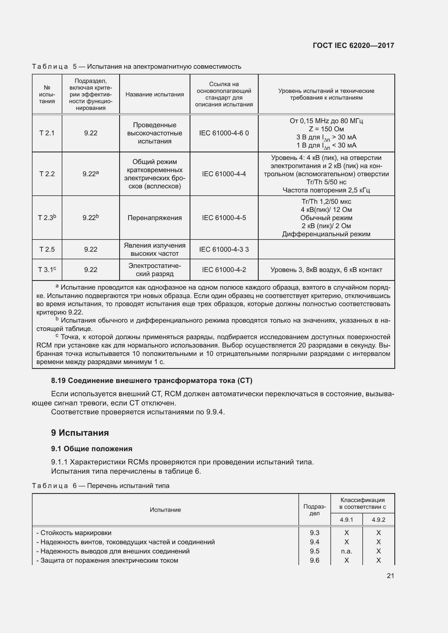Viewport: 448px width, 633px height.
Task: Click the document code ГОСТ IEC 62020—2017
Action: click(x=353, y=45)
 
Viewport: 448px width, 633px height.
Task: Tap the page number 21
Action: click(x=390, y=576)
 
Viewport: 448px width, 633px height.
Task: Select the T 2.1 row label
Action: click(x=47, y=133)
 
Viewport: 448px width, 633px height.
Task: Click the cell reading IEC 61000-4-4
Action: click(x=224, y=174)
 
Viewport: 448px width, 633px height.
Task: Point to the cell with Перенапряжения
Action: click(x=154, y=218)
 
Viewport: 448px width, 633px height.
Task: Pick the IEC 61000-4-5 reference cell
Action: click(x=224, y=218)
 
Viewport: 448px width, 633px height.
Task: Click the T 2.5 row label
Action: click(x=47, y=250)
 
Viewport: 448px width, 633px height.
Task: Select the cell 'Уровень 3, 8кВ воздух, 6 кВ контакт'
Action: click(x=326, y=270)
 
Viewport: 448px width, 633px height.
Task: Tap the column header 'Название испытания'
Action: click(x=154, y=94)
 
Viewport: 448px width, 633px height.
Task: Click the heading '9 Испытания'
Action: click(x=80, y=433)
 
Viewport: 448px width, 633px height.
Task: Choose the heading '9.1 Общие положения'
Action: click(x=92, y=449)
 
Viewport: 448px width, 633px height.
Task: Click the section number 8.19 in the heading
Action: click(x=58, y=381)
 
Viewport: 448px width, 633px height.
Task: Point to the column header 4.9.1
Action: click(x=346, y=520)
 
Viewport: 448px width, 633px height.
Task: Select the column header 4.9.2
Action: click(x=378, y=520)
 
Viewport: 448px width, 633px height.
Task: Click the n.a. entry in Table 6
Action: click(x=346, y=551)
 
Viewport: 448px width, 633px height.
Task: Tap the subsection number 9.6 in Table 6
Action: click(x=314, y=560)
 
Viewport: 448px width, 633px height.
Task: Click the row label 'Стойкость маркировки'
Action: click(x=76, y=533)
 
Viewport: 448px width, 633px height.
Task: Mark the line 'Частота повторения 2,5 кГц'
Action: click(x=326, y=190)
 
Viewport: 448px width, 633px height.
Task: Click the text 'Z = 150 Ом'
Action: click(x=326, y=129)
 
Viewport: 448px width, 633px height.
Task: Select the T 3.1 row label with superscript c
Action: click(x=47, y=270)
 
